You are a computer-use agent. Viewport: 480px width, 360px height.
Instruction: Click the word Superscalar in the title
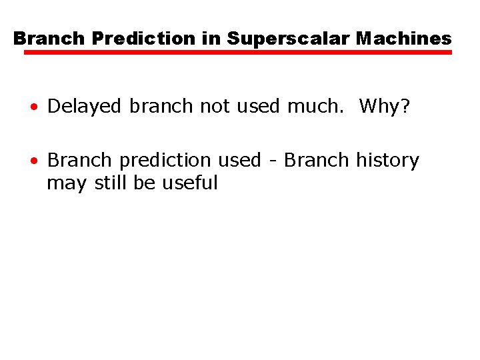click(x=289, y=39)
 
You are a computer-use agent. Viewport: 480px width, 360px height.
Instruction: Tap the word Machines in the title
click(x=403, y=39)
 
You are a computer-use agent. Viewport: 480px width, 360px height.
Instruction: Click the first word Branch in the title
click(x=50, y=39)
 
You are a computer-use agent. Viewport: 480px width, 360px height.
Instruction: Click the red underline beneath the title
click(x=238, y=52)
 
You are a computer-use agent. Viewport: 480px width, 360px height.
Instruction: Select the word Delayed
click(x=85, y=106)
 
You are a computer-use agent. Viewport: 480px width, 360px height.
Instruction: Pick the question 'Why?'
click(x=384, y=106)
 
